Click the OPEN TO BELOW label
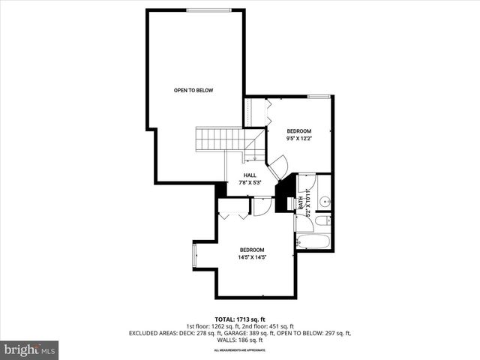(x=193, y=91)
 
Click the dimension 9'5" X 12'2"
(x=299, y=138)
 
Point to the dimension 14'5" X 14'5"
(x=252, y=256)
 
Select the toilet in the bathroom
(x=321, y=220)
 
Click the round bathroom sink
(x=325, y=201)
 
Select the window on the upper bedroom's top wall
(x=319, y=96)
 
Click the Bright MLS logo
(x=30, y=349)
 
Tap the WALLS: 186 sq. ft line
(x=240, y=340)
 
